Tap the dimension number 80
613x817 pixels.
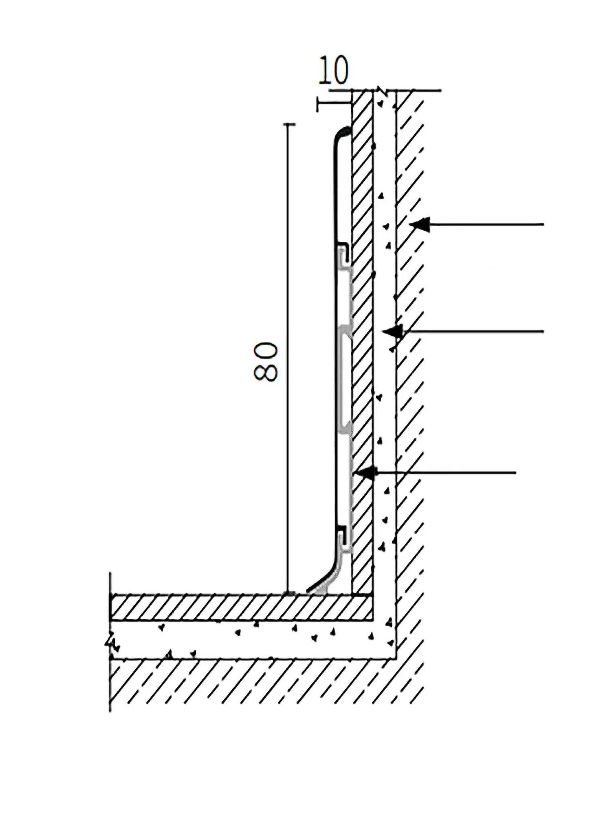[265, 361]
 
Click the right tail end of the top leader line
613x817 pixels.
[544, 225]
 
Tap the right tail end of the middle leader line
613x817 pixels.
[544, 331]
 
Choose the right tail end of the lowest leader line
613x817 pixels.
[516, 473]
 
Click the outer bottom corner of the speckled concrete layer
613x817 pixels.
[395, 658]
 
